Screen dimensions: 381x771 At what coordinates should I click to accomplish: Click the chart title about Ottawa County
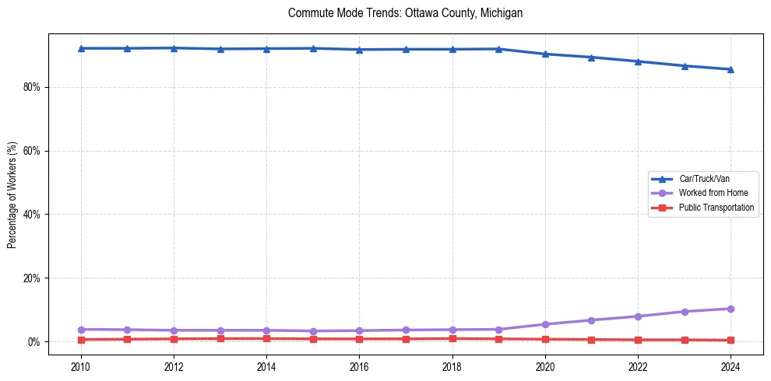coord(405,13)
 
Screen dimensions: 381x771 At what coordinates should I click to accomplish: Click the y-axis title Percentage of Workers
coord(12,195)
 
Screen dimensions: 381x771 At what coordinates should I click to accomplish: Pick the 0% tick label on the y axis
coord(33,342)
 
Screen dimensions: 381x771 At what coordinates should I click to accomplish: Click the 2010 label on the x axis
coord(81,365)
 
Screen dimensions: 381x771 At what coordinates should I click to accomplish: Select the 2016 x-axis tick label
coord(359,365)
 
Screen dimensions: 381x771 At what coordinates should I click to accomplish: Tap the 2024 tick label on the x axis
coord(731,365)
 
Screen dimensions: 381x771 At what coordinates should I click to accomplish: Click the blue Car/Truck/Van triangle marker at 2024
coord(731,69)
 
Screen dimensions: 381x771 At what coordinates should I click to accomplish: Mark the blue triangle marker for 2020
coord(545,54)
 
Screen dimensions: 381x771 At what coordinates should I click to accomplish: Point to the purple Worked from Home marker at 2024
coord(731,309)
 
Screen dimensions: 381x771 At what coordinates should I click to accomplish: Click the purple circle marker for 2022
coord(638,316)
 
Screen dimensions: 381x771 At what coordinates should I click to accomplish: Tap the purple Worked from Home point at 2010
coord(81,330)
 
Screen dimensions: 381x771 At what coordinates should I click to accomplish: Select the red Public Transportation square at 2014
coord(266,338)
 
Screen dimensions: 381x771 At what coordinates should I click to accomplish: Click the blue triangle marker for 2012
coord(174,48)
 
